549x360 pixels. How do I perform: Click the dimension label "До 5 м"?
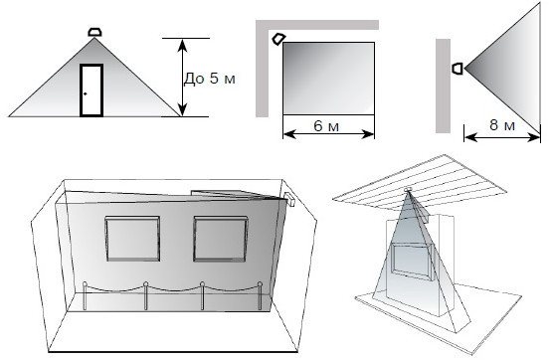tap(210, 79)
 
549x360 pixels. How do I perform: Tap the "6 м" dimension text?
tap(326, 126)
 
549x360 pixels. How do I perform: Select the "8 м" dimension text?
tap(502, 125)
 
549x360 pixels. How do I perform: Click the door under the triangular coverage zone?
tap(91, 90)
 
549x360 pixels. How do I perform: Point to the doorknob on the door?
tap(86, 93)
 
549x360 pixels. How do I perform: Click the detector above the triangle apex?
tap(94, 32)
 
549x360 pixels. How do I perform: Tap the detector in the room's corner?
tap(279, 39)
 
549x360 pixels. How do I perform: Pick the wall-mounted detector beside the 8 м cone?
tap(457, 69)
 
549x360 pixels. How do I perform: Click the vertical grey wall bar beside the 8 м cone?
tap(443, 86)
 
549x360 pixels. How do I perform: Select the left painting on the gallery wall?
tap(132, 239)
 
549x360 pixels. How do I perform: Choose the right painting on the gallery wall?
tap(221, 239)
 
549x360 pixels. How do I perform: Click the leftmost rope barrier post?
tap(85, 296)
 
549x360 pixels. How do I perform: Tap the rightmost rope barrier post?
tap(260, 296)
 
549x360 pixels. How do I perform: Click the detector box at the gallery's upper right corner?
tap(289, 199)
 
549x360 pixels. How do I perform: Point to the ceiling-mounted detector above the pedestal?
tap(408, 190)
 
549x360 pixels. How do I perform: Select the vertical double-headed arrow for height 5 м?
tap(182, 78)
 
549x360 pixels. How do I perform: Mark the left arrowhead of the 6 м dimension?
tap(289, 134)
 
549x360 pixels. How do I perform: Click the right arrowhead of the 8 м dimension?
tap(534, 137)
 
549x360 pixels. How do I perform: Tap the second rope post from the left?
tap(145, 296)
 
